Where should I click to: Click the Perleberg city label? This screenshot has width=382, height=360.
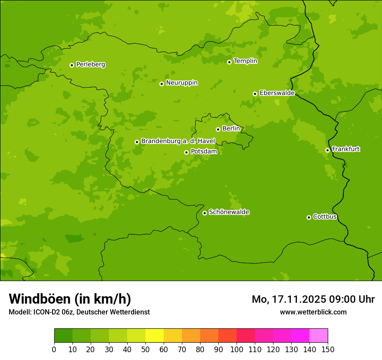(x=90, y=65)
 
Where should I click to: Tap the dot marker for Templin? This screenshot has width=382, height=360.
(x=229, y=62)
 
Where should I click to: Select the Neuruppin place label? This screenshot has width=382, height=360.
(x=181, y=83)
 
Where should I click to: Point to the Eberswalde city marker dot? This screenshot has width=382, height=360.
(x=255, y=94)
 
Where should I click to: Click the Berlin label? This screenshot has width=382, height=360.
(x=231, y=129)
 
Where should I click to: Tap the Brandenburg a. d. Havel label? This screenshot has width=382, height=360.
(x=178, y=141)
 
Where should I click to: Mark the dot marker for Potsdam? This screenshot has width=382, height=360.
(x=186, y=152)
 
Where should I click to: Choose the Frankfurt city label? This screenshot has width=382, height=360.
(x=346, y=149)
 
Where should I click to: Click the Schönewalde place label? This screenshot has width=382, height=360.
(x=229, y=212)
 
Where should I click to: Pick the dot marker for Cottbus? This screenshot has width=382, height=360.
(x=309, y=217)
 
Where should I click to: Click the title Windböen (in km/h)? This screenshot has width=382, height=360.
(x=70, y=299)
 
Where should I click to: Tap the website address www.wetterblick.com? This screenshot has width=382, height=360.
(x=313, y=312)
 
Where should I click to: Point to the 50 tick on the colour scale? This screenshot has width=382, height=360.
(x=145, y=349)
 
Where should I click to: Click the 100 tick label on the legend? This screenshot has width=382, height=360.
(x=237, y=349)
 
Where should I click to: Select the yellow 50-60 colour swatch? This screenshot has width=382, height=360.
(x=155, y=336)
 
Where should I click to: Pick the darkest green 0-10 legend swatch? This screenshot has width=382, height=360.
(x=63, y=336)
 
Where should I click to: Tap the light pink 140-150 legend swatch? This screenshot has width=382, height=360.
(x=319, y=336)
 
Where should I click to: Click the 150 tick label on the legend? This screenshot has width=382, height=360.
(x=328, y=349)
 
